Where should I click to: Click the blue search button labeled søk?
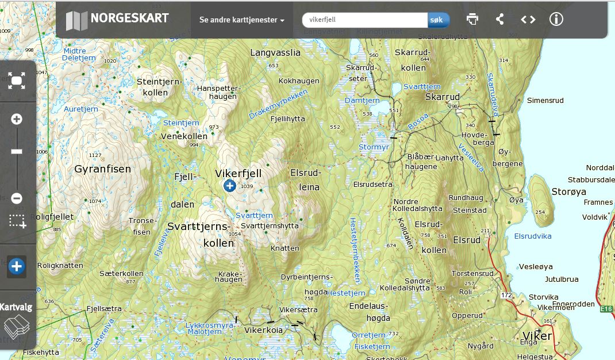pos(437,20)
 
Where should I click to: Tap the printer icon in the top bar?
pos(472,19)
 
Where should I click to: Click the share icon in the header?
pos(500,19)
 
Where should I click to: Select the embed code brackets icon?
pos(528,20)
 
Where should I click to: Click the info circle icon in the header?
pos(556,19)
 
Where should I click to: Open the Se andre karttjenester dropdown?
pos(241,20)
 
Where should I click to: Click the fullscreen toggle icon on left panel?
pos(17,81)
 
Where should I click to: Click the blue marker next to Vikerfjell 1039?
pos(229,185)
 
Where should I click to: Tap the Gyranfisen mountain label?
pos(103,169)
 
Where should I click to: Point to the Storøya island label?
pos(568,192)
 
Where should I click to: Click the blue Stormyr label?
pos(374,147)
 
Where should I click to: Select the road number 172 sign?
pos(506,296)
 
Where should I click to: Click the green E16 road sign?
pos(606,309)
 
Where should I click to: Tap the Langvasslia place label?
pos(275,52)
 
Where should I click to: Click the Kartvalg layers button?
pos(16,320)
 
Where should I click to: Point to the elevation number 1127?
pos(95,155)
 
